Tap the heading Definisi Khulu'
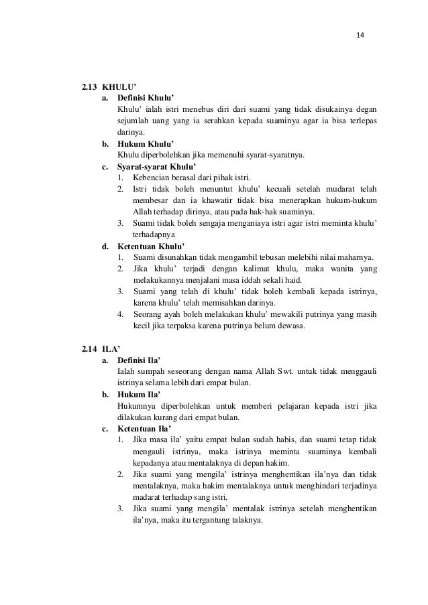[146, 98]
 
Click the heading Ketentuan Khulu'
[150, 246]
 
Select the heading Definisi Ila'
[141, 360]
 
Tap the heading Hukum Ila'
[140, 395]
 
